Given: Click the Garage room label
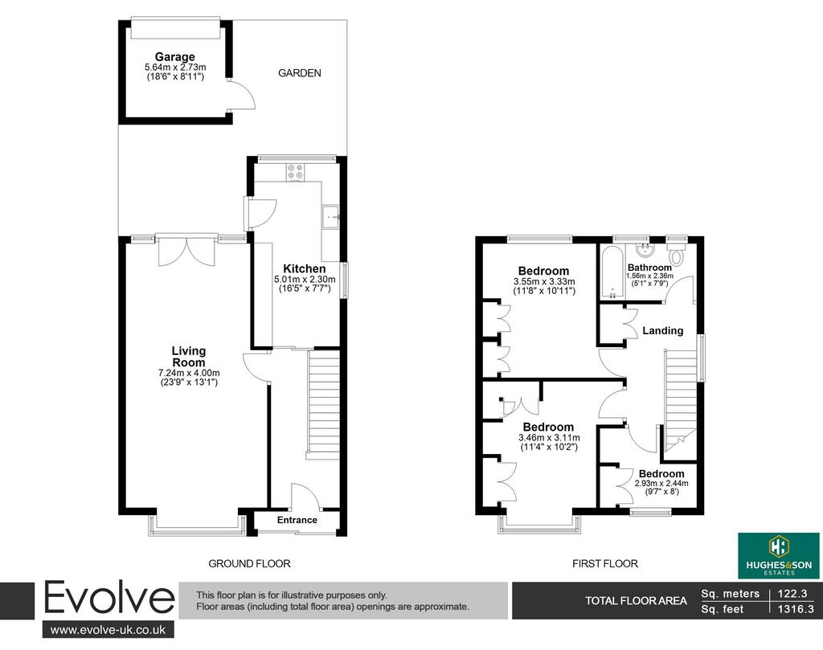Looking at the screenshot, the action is point(174,57).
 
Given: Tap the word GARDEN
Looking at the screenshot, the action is point(300,73).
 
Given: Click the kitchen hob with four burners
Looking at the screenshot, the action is point(295,172).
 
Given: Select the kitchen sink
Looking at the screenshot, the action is point(331,217).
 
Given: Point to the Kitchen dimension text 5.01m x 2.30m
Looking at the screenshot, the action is point(305,280).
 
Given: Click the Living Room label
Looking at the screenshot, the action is point(189,357).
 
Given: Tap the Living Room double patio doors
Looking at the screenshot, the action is point(186,251).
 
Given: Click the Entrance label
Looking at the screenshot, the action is point(297,520).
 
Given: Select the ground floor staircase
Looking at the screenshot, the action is point(323,405).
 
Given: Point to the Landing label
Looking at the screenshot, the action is point(663,330).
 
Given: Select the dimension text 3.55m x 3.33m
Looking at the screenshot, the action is point(544,282).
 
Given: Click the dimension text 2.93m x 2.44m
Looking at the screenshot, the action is point(661,483).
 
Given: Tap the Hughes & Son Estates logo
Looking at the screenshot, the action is point(779,555).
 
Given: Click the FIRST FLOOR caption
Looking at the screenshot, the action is point(604,563).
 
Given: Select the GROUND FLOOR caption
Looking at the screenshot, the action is point(249,563).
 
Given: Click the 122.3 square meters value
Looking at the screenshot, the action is point(792,593).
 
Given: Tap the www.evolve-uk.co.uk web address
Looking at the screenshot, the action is point(109,630).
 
